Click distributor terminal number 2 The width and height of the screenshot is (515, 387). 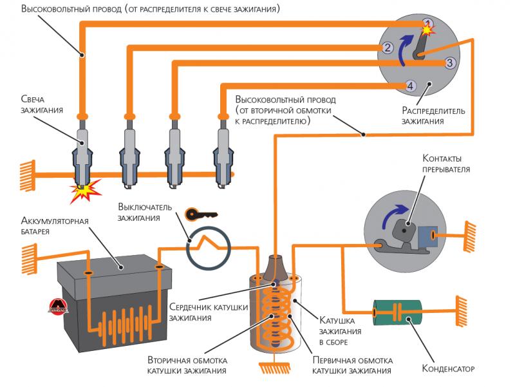(388, 47)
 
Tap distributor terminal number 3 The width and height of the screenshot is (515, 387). (450, 62)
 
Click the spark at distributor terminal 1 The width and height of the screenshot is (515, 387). (427, 27)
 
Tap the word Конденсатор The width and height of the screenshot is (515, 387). (448, 370)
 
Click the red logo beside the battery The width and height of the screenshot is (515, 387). (59, 308)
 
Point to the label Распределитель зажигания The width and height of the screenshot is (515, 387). (433, 116)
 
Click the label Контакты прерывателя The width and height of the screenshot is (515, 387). (446, 164)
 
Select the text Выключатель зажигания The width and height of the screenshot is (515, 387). (143, 212)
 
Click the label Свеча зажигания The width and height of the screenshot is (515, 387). (41, 105)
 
